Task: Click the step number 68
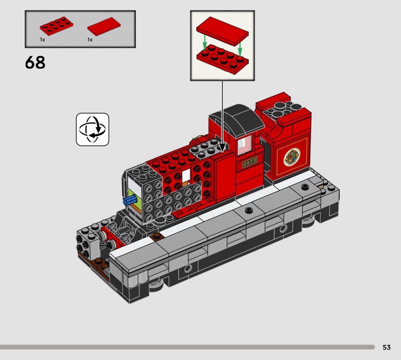click(35, 63)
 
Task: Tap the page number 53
click(386, 347)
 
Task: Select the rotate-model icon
click(93, 129)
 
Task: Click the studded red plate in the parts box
click(57, 26)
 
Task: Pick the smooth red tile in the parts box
click(104, 27)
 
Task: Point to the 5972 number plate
click(250, 162)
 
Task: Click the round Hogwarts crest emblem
click(292, 157)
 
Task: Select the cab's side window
click(245, 145)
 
